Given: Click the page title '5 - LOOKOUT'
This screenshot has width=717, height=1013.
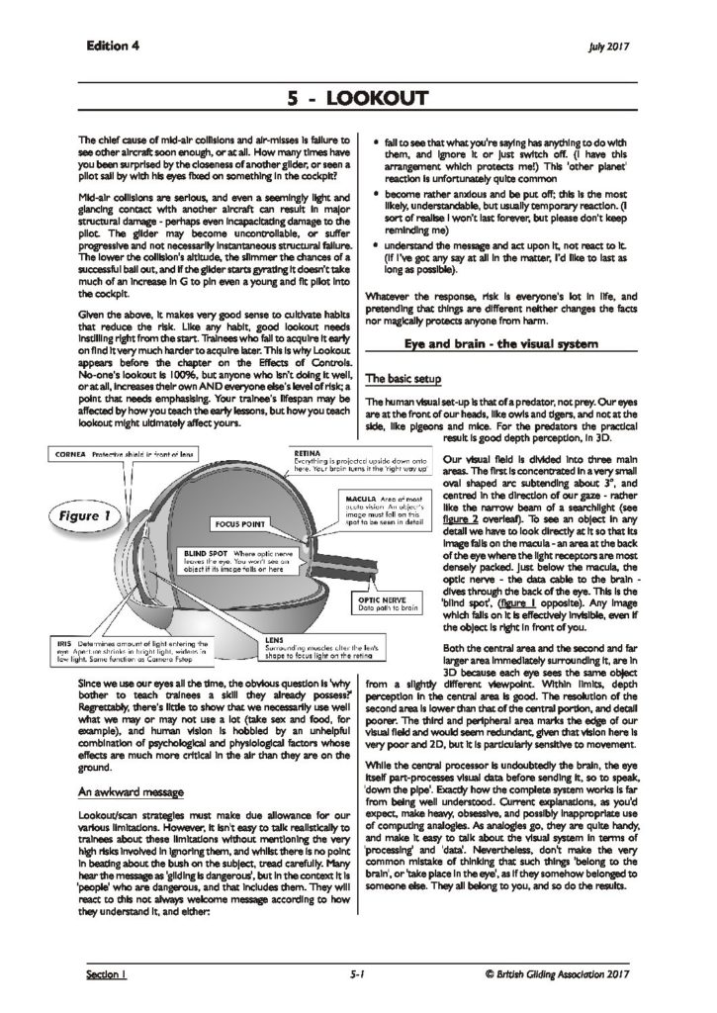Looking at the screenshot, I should click(x=358, y=98).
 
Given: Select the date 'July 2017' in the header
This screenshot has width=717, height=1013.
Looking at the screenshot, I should click(x=610, y=46).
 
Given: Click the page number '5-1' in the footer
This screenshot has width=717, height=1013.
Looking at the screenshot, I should click(x=358, y=973).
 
